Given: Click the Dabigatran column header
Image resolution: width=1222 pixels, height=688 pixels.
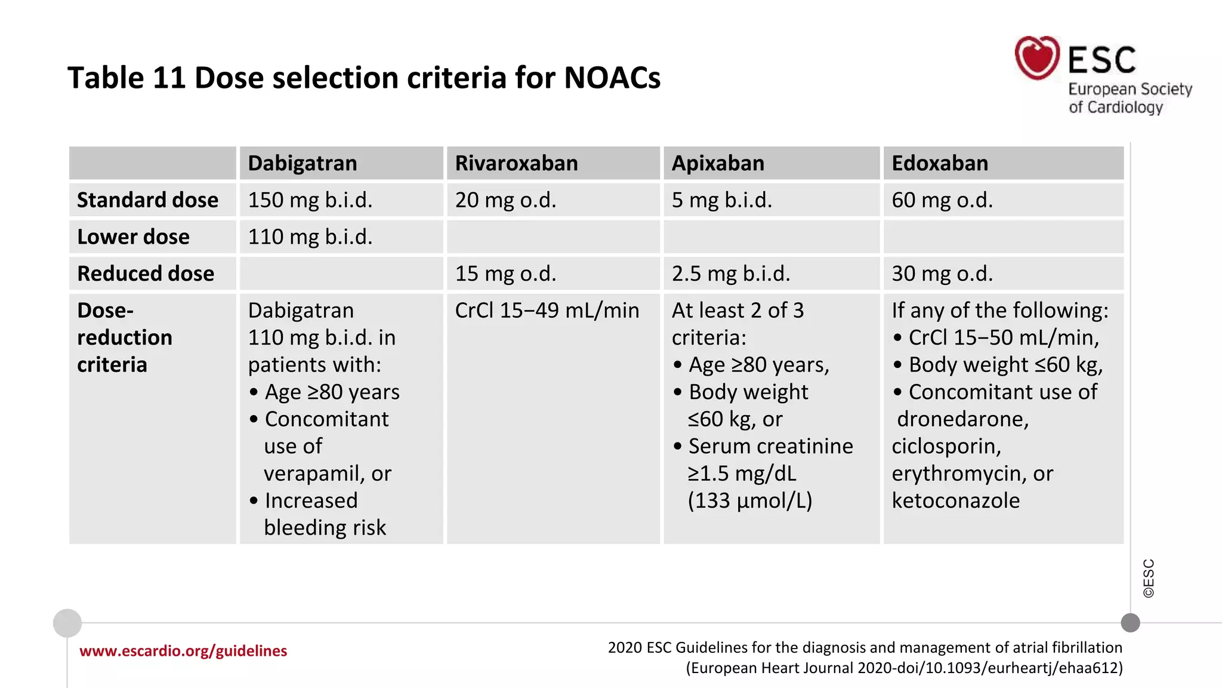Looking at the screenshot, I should coord(302,163).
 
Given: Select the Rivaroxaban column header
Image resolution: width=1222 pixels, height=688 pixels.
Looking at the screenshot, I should coord(516,163).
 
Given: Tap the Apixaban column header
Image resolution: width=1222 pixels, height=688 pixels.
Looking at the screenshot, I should coord(718,163).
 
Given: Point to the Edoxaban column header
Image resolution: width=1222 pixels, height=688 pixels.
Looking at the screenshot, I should coord(940,163).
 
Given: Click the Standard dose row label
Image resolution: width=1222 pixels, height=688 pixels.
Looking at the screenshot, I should coord(147,200).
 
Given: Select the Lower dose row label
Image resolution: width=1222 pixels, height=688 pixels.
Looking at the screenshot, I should coord(133,237).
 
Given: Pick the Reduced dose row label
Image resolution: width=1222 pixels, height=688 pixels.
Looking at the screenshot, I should coord(146,274).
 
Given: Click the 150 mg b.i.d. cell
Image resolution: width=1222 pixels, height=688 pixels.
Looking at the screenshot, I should coord(310,200).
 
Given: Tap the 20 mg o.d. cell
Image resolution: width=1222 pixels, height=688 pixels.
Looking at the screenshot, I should coord(505,200).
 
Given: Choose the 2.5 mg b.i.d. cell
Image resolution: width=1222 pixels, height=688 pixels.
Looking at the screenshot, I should coord(730,274).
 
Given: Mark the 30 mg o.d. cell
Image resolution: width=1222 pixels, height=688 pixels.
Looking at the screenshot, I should coord(942,274).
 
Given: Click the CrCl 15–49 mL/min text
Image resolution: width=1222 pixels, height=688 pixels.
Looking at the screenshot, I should coord(547,311).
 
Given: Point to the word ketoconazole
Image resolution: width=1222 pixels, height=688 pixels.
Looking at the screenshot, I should coord(955,500).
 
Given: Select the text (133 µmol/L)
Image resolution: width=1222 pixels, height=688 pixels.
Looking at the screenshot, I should coord(749,500).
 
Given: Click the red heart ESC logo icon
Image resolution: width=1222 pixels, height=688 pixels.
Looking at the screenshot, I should coord(1037,58).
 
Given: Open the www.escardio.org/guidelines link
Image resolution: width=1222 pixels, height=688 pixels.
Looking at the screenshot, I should coord(183,651).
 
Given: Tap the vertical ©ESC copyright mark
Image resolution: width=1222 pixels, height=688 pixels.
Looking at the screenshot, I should coord(1149,578).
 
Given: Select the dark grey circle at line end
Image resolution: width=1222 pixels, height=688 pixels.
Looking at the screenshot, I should coord(1130,623).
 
